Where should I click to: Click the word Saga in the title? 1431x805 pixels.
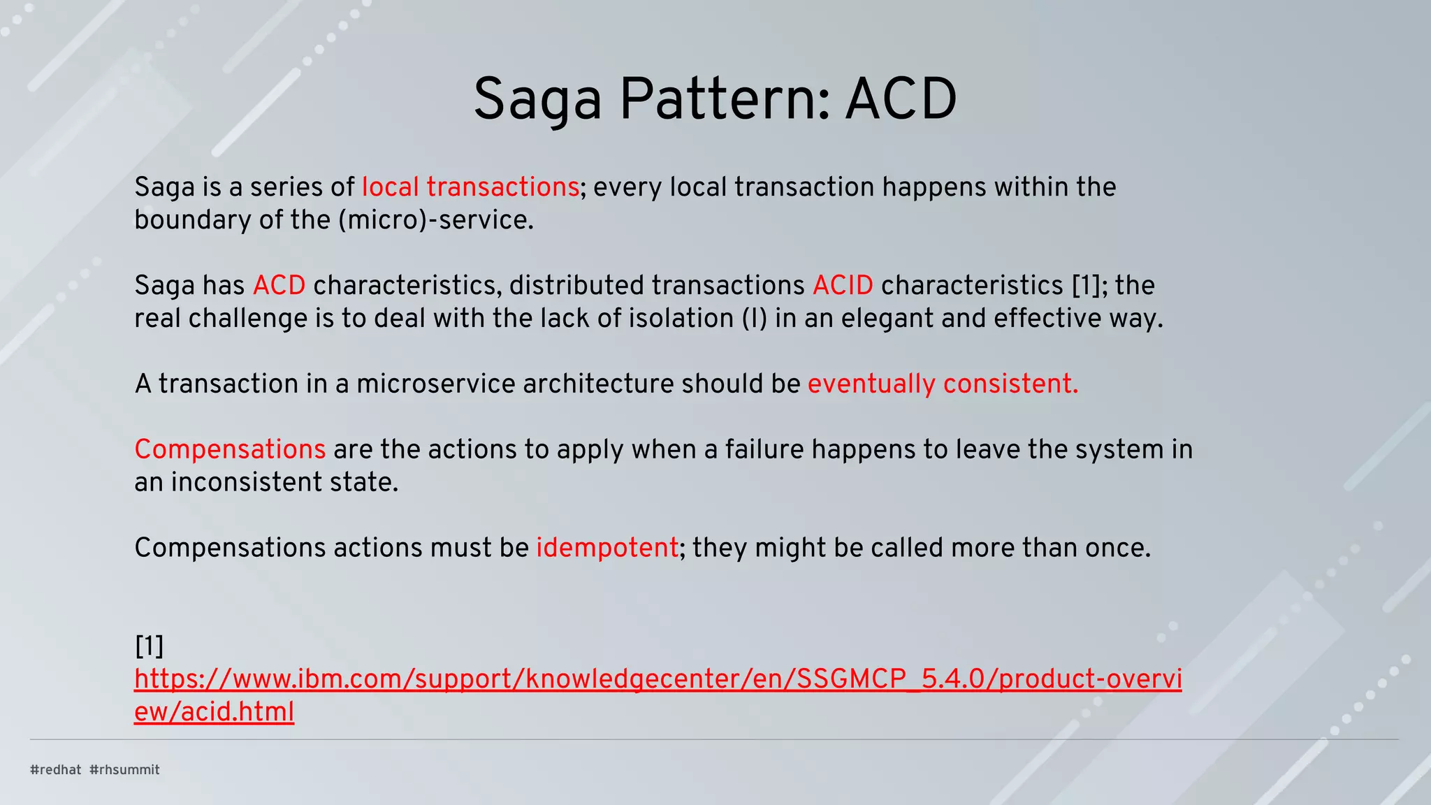pyautogui.click(x=537, y=100)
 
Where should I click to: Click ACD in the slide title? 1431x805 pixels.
pyautogui.click(x=901, y=100)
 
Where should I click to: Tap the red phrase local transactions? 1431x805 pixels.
pyautogui.click(x=470, y=187)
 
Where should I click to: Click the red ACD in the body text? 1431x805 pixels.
pyautogui.click(x=279, y=286)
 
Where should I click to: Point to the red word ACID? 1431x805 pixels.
pyautogui.click(x=843, y=286)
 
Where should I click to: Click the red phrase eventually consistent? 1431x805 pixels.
pyautogui.click(x=943, y=384)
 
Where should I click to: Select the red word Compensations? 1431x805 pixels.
pyautogui.click(x=230, y=449)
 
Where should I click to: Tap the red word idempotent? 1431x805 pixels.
pyautogui.click(x=607, y=548)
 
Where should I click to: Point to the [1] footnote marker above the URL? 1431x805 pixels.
pyautogui.click(x=149, y=646)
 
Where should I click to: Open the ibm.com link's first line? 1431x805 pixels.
pyautogui.click(x=657, y=679)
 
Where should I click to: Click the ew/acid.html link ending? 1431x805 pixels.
pyautogui.click(x=214, y=712)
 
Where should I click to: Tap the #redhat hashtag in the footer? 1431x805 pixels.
pyautogui.click(x=56, y=770)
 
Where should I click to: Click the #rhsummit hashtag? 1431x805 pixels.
pyautogui.click(x=125, y=770)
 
